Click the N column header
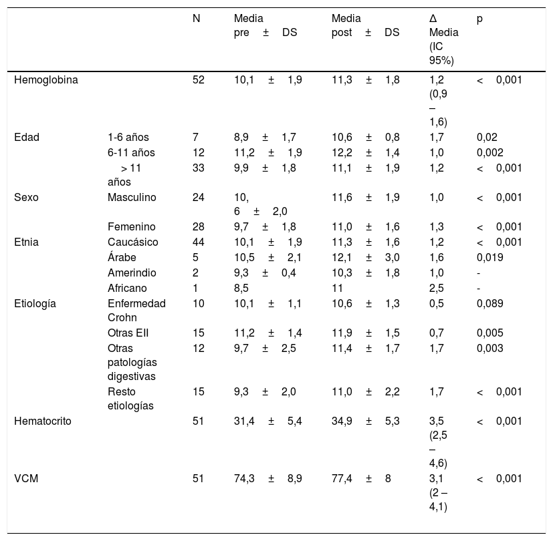point(196,18)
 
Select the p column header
point(479,19)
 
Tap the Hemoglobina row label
point(46,80)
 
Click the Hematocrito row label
point(43,421)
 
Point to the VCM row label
point(26,479)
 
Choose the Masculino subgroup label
point(132,197)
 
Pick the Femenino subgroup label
point(132,226)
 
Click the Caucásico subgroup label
point(133,242)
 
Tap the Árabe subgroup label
point(122,257)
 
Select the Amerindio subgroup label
point(132,273)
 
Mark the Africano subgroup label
point(127,288)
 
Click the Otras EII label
point(128,333)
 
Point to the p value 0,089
point(490,304)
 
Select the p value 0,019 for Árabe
point(490,257)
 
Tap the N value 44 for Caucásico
point(199,242)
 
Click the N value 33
point(199,168)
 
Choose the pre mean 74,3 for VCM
point(245,479)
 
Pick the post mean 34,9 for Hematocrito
point(342,421)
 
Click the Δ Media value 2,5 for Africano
point(436,288)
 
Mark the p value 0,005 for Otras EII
point(490,333)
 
